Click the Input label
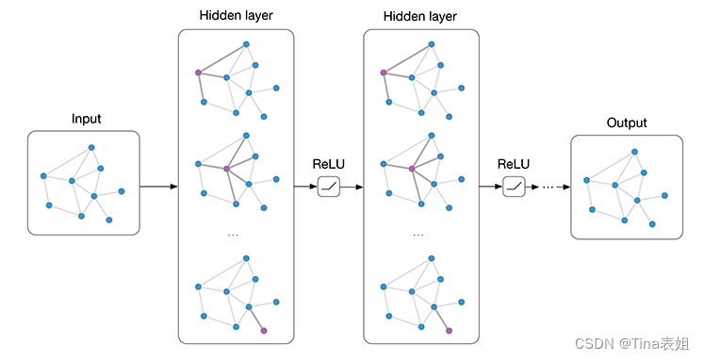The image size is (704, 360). point(86,119)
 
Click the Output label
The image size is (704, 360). point(627,123)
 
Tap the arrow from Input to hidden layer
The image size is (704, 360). point(159,187)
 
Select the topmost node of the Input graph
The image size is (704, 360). point(91,147)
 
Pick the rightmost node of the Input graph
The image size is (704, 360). point(122,191)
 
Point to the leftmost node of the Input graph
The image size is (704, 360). point(43,176)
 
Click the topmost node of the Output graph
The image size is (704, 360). point(635,152)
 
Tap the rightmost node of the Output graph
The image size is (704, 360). point(665,195)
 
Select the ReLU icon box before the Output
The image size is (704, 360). point(514,187)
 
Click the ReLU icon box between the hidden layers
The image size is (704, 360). point(329,187)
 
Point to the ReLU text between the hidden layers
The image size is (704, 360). point(329,164)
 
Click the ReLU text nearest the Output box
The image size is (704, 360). point(514,164)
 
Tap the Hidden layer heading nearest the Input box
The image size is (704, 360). point(237,15)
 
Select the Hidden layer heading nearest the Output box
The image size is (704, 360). point(420,17)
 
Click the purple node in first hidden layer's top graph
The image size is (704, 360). point(198,73)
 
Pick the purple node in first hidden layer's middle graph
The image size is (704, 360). point(227,169)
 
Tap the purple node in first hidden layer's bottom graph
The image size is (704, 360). point(264,331)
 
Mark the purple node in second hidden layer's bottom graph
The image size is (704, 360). point(449,331)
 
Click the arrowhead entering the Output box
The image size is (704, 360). point(567,187)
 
